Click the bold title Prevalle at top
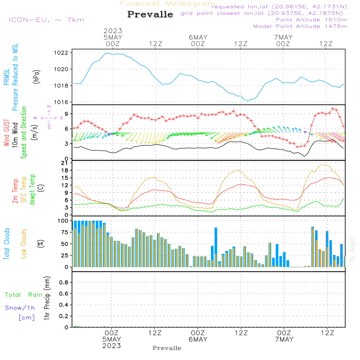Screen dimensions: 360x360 [150, 15]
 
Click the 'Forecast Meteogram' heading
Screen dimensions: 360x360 [168, 4]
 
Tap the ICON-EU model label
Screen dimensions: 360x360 [46, 19]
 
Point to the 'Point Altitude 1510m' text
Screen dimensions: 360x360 [311, 20]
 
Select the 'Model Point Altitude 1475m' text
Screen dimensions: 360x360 [300, 26]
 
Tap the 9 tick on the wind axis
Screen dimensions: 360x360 [66, 114]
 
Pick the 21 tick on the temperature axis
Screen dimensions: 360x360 [65, 163]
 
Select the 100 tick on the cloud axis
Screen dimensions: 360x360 [63, 221]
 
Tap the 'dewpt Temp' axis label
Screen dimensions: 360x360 [32, 190]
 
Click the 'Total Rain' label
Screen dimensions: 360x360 [24, 295]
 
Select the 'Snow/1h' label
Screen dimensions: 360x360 [20, 308]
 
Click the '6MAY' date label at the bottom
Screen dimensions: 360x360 [198, 339]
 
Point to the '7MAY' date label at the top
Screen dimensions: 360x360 [283, 37]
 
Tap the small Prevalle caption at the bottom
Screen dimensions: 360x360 [167, 348]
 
